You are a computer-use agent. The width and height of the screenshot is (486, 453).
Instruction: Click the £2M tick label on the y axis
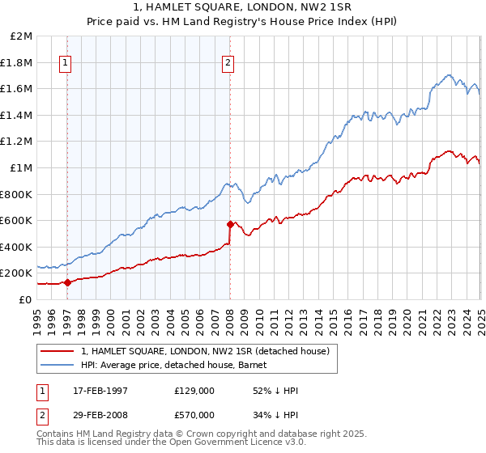coord(22,36)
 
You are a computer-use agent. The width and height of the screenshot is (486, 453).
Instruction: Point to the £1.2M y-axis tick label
coord(17,142)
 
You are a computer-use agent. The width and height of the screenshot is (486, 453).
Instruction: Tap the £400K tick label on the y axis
coord(16,247)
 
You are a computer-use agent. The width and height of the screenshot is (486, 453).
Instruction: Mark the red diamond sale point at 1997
coord(67,282)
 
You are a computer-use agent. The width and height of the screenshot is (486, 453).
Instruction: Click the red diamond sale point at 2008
coord(230,225)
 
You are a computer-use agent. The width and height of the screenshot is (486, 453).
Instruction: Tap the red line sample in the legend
coord(58,351)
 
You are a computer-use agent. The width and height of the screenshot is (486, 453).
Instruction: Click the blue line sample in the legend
coord(58,365)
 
